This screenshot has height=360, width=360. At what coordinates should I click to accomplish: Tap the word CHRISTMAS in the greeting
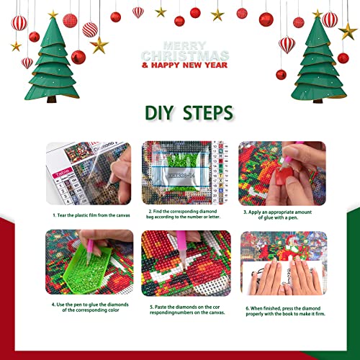(x=186, y=55)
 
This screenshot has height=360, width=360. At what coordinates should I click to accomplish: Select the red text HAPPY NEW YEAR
(x=186, y=66)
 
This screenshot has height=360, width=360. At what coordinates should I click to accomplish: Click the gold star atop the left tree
(x=53, y=14)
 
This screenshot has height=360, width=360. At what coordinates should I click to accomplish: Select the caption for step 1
(x=90, y=215)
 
